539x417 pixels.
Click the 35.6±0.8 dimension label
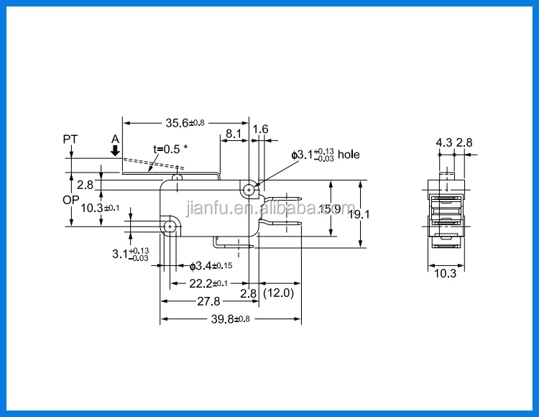(x=185, y=123)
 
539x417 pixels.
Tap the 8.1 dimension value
(x=234, y=134)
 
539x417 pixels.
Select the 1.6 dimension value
(x=260, y=129)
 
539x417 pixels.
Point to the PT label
(x=70, y=139)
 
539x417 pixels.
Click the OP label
(x=71, y=200)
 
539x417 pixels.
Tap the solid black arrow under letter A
(x=115, y=150)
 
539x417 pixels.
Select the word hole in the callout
(x=349, y=155)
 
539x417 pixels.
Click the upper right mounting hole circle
(x=249, y=190)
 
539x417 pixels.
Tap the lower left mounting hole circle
(x=170, y=226)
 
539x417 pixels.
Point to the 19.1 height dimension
(x=359, y=214)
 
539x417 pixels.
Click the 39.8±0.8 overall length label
(x=230, y=319)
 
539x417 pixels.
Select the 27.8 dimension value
(x=208, y=301)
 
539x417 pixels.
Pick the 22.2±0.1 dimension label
(x=208, y=283)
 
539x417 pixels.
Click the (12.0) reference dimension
(x=278, y=293)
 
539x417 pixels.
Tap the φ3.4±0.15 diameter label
(x=211, y=266)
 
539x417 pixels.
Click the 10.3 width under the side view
(x=445, y=273)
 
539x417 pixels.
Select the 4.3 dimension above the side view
(x=444, y=142)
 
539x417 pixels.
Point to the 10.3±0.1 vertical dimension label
(x=100, y=208)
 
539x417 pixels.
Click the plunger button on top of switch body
(x=177, y=178)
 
